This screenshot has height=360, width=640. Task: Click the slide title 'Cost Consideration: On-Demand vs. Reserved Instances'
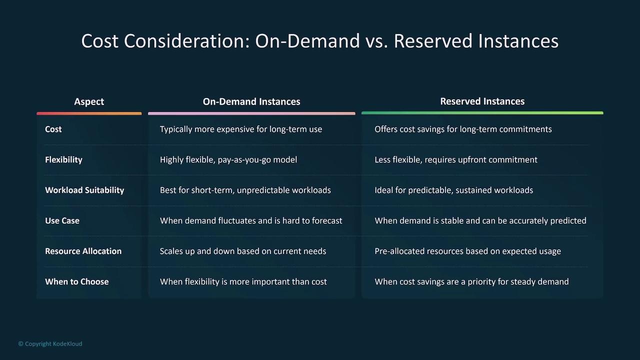(319, 41)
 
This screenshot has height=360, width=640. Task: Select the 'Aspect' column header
(89, 101)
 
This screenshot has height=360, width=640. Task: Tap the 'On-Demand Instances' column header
(251, 101)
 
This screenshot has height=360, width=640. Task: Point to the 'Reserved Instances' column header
(482, 101)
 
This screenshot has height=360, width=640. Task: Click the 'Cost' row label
(53, 129)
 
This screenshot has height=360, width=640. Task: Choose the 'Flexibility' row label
(63, 159)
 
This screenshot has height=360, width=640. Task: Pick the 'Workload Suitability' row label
(84, 190)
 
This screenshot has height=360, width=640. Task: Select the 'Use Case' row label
(62, 220)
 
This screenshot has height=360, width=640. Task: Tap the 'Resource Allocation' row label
(83, 251)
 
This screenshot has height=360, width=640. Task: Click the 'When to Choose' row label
(77, 281)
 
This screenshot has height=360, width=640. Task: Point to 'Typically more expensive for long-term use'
(241, 129)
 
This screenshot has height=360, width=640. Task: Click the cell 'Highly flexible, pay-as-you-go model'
(228, 159)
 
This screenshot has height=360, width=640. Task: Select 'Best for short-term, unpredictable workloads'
(245, 190)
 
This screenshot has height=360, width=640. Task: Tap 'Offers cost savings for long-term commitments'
(463, 129)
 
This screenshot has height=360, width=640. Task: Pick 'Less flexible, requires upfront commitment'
(456, 159)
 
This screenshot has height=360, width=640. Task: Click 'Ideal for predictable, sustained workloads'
(453, 190)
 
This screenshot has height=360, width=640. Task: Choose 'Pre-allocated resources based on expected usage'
(467, 251)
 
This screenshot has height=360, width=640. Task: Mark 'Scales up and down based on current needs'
(243, 251)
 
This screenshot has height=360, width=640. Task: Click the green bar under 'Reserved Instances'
(482, 113)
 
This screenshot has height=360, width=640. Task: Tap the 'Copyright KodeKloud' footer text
(50, 343)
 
